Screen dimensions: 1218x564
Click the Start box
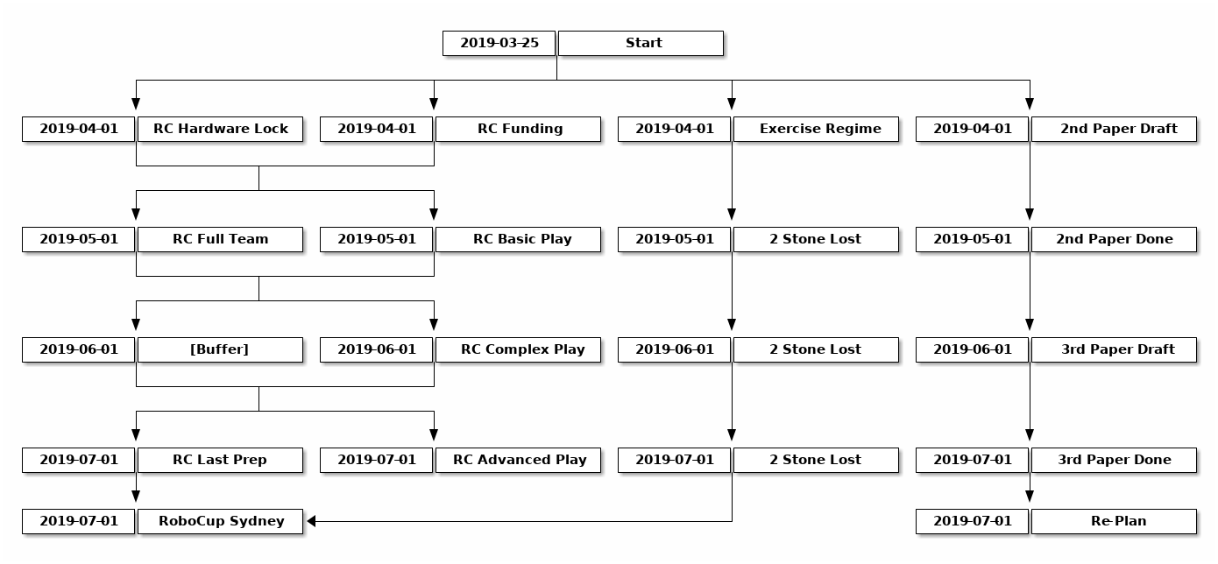pos(641,44)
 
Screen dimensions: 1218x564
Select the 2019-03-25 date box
pos(499,44)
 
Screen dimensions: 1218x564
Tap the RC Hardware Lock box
pos(220,130)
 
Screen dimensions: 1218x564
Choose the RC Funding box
pos(518,130)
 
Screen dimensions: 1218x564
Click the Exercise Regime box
pos(816,130)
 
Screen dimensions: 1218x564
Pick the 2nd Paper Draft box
pos(1114,130)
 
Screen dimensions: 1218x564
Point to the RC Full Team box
pos(220,240)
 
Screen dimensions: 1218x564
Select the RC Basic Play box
pos(518,240)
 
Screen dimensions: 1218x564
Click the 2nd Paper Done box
pos(1114,240)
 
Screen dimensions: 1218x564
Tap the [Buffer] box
pos(220,350)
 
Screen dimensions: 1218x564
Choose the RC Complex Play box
pos(518,350)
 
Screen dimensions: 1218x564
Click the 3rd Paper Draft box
pos(1114,350)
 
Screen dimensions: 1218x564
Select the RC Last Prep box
pos(220,460)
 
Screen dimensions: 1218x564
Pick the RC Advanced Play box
pos(518,460)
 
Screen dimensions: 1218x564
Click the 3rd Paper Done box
pos(1114,460)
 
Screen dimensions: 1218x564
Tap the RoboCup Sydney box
pos(220,522)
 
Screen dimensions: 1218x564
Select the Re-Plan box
pos(1114,522)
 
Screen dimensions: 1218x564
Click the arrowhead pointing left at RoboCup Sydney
pos(312,522)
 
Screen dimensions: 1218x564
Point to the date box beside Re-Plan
pos(973,522)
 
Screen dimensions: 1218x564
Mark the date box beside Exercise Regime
pos(674,130)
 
